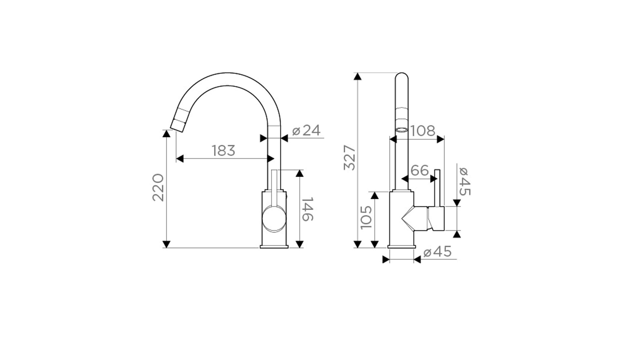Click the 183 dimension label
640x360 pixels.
click(x=223, y=151)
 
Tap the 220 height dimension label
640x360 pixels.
click(x=158, y=187)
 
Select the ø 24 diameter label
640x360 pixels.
click(x=306, y=130)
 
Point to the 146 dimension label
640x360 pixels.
click(x=307, y=209)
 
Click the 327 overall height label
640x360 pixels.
click(x=350, y=158)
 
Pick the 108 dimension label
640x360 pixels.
click(x=423, y=131)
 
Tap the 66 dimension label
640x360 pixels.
click(x=419, y=171)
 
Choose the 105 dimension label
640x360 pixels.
click(x=366, y=217)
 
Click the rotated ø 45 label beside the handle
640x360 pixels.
click(x=464, y=181)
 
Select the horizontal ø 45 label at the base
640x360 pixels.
click(x=437, y=252)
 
